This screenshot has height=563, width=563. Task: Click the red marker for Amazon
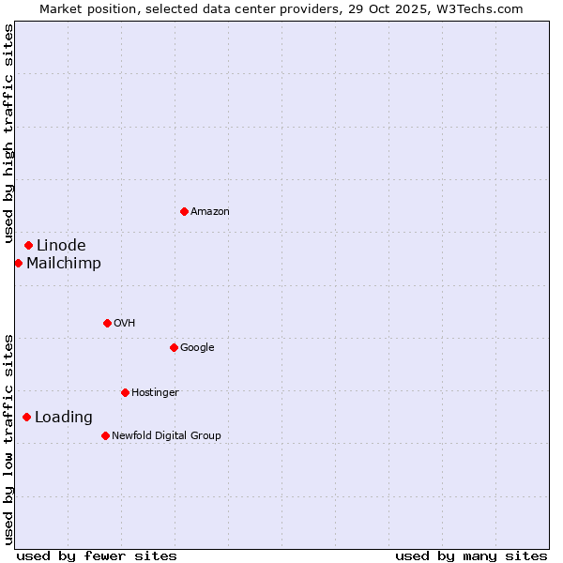(x=184, y=211)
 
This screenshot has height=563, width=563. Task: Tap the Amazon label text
(x=210, y=212)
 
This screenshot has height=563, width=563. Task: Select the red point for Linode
(x=28, y=245)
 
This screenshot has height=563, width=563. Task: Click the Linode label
(x=61, y=246)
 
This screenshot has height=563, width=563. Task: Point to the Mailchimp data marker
(x=18, y=263)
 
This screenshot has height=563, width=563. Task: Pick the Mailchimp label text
(x=64, y=264)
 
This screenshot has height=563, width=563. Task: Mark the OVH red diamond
(x=107, y=323)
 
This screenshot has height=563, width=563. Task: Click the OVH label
(x=125, y=324)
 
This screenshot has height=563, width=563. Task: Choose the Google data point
(x=174, y=347)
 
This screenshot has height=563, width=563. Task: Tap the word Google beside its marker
(x=197, y=348)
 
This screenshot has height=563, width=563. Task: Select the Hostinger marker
(x=125, y=392)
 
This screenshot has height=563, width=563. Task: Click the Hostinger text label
(x=155, y=393)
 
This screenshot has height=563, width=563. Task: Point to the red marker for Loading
(x=26, y=417)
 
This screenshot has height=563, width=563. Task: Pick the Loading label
(x=64, y=418)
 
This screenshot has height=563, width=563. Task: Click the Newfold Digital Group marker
(x=105, y=435)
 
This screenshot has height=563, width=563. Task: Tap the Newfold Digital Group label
(x=166, y=436)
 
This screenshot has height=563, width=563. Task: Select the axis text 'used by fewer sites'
(x=97, y=555)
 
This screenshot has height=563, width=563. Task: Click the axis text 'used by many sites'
(x=471, y=555)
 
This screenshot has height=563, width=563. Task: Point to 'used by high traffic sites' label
(x=9, y=134)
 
